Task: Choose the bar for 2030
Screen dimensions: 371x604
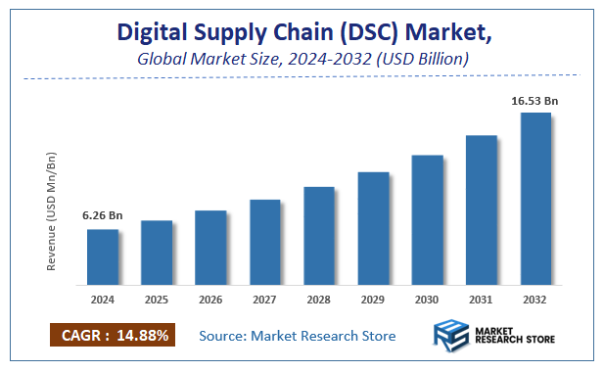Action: pos(427,220)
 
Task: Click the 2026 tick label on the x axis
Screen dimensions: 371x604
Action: pos(210,300)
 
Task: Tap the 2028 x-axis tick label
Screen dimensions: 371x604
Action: pos(319,300)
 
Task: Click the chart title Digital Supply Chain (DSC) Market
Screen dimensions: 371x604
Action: pos(303,31)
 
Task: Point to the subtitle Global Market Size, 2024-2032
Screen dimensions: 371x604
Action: pos(303,59)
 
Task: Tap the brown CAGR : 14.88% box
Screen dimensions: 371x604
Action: pos(112,336)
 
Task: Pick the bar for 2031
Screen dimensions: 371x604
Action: pos(482,209)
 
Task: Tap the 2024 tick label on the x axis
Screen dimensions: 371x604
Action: pos(103,300)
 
